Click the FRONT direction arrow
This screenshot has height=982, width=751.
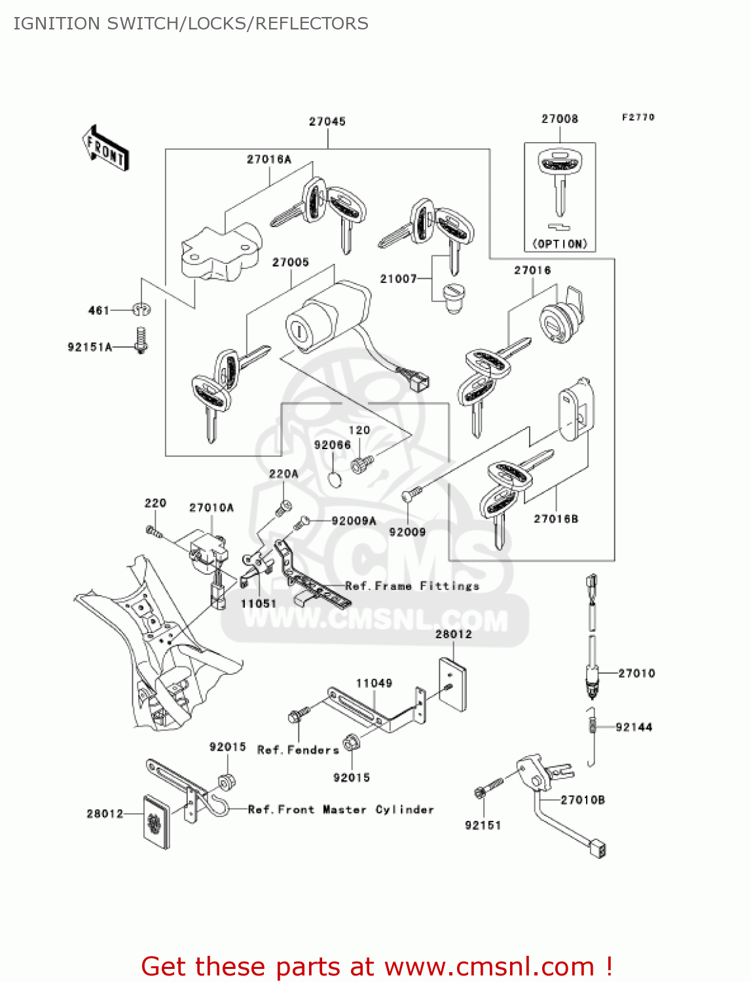pyautogui.click(x=105, y=148)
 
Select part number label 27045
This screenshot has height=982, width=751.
pyautogui.click(x=327, y=122)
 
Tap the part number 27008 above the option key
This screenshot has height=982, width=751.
pyautogui.click(x=560, y=119)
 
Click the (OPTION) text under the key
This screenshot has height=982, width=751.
pyautogui.click(x=560, y=244)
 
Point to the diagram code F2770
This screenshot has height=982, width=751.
pyautogui.click(x=638, y=117)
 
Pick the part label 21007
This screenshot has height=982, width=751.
pyautogui.click(x=398, y=279)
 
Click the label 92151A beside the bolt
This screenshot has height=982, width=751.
pyautogui.click(x=90, y=347)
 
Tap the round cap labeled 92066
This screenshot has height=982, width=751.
pyautogui.click(x=335, y=480)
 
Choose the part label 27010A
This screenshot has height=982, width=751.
pyautogui.click(x=211, y=508)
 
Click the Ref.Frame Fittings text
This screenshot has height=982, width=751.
pyautogui.click(x=412, y=586)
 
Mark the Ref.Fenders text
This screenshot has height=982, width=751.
pyautogui.click(x=298, y=750)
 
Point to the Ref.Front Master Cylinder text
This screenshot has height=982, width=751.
pyautogui.click(x=340, y=810)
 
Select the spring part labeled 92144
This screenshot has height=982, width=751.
pyautogui.click(x=592, y=725)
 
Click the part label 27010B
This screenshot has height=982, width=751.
pyautogui.click(x=582, y=800)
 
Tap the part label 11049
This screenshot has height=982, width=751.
pyautogui.click(x=374, y=683)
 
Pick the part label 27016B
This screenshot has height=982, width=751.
pyautogui.click(x=556, y=519)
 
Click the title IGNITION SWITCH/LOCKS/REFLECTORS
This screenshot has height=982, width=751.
pyautogui.click(x=191, y=24)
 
